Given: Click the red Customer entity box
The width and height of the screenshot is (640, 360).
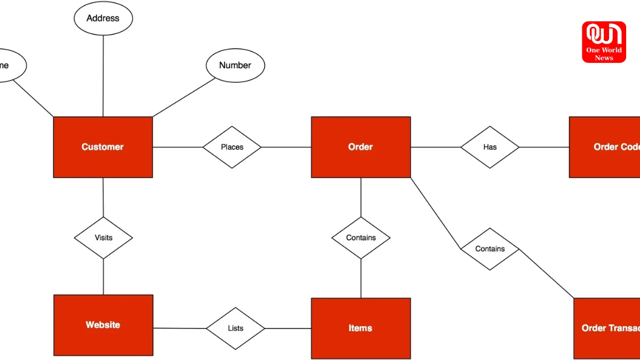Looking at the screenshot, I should tap(103, 147).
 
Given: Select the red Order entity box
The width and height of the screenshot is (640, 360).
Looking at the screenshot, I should tap(361, 147).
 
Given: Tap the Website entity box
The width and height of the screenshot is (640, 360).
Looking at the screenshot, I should tap(103, 325).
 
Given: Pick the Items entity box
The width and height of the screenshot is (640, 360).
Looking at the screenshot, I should tap(361, 328).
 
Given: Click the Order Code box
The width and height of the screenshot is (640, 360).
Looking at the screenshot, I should tap(605, 147).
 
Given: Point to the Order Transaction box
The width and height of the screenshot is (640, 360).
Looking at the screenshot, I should tap(607, 328).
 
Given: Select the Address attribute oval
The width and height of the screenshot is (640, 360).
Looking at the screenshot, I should tap(103, 18).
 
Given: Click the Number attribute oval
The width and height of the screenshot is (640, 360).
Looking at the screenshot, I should tap(235, 66).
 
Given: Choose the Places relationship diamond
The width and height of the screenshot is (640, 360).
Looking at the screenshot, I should tap(232, 147).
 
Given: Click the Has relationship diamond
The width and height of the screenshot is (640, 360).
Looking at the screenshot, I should tap(490, 147).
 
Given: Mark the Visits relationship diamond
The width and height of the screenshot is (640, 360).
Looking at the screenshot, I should tap(103, 238).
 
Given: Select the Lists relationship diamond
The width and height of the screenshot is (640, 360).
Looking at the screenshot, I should tap(235, 329).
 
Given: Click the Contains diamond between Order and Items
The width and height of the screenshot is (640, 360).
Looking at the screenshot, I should tap(361, 238).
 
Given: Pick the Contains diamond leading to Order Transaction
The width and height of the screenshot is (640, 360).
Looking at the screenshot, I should tap(490, 249).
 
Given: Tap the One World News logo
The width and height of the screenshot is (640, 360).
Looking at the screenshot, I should tap(604, 42).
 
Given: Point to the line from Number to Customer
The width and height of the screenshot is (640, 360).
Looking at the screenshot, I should tap(184, 98).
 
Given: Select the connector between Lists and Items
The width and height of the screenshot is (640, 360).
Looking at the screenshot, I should tap(288, 329).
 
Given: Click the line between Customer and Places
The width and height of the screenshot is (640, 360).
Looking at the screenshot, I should tap(178, 147).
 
